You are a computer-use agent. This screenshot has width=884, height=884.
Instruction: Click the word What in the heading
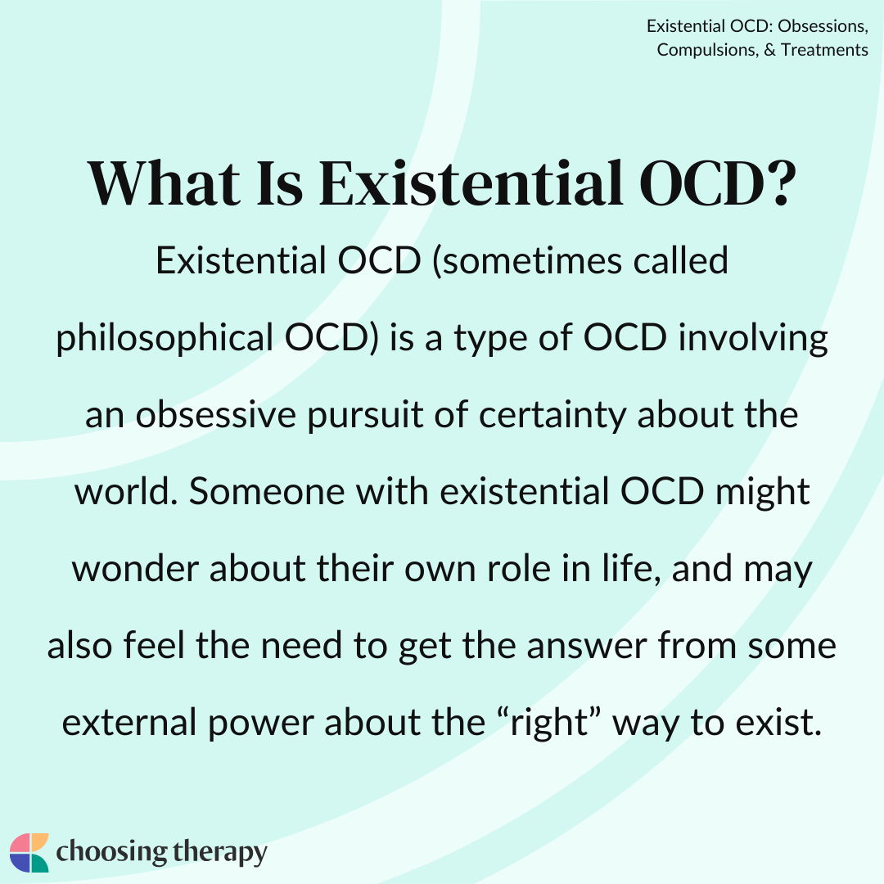[x=164, y=183]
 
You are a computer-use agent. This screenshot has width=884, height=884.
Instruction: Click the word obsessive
[x=216, y=415]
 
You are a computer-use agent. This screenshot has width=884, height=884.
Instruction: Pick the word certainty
[x=552, y=416]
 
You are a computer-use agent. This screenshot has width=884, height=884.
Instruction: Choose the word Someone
[x=266, y=492]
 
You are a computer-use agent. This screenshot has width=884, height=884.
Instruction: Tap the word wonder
[x=135, y=570]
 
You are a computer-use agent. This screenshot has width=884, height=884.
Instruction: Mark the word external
[x=129, y=723]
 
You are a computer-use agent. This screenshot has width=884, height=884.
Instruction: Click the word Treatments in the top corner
[x=824, y=50]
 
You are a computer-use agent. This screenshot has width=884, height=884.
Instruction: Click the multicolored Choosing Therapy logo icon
[x=29, y=852]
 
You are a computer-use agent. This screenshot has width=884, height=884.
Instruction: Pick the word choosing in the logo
[x=111, y=852]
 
